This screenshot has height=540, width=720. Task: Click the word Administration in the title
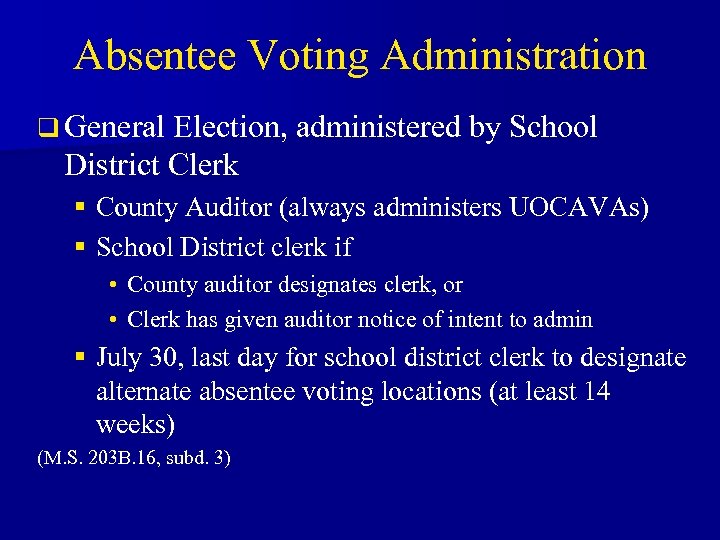pos(513,55)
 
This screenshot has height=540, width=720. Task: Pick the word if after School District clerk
pos(341,246)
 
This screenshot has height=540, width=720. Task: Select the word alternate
pos(138,391)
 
